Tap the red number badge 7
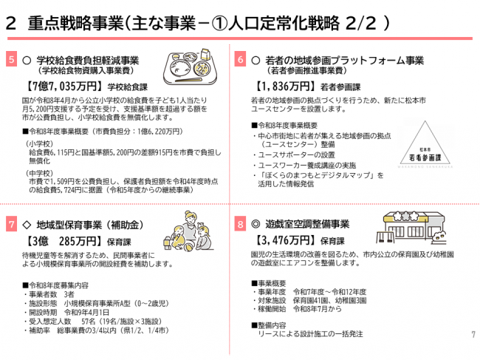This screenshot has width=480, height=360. click(x=10, y=224)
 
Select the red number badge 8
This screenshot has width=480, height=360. click(x=241, y=224)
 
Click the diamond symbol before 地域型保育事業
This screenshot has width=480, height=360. click(x=26, y=224)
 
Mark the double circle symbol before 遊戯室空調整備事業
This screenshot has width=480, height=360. click(x=256, y=224)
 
